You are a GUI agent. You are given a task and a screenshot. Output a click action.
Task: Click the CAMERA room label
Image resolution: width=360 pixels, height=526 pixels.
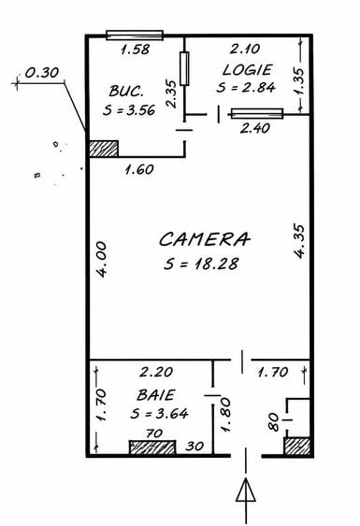(x=205, y=239)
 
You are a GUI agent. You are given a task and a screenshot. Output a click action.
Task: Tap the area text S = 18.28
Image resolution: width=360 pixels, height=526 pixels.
(x=201, y=263)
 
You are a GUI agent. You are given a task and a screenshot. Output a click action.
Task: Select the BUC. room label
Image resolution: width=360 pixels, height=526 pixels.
(x=126, y=91)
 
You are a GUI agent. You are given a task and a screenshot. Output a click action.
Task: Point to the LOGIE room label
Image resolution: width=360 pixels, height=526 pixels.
(x=247, y=70)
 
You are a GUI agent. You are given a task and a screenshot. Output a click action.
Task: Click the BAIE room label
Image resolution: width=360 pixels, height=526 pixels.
(x=156, y=395)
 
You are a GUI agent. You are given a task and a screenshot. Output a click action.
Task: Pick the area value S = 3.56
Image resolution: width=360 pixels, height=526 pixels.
(x=129, y=110)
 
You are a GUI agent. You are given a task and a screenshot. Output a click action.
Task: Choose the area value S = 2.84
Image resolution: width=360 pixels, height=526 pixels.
(x=246, y=87)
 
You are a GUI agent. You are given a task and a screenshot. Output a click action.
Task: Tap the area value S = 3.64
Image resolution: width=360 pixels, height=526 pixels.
(x=159, y=413)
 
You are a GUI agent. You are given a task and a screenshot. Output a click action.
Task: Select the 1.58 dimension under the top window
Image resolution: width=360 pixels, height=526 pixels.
(x=135, y=50)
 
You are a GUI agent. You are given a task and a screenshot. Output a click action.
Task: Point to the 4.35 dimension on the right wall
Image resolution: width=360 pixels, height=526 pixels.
(x=299, y=241)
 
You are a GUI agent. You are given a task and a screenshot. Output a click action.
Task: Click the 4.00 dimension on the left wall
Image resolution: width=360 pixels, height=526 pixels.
(x=101, y=260)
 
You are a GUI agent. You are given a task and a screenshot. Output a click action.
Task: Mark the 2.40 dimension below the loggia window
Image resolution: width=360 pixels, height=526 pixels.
(x=255, y=128)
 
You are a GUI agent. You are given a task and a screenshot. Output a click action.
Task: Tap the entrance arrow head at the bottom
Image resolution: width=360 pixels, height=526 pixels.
(x=246, y=490)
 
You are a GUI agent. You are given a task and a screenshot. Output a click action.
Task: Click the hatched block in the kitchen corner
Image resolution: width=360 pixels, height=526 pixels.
(x=104, y=149)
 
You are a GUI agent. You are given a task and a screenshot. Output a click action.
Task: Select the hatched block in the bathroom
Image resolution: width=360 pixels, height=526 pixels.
(x=152, y=448)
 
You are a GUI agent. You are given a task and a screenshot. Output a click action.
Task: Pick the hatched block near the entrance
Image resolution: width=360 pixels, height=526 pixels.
(x=297, y=447)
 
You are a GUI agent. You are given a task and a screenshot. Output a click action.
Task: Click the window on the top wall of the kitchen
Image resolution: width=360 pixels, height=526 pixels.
(x=135, y=35)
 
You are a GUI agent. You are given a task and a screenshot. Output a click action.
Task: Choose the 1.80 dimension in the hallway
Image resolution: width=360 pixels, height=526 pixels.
(x=225, y=415)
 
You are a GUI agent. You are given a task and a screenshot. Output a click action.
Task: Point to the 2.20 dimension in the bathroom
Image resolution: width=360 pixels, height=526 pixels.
(x=156, y=372)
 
